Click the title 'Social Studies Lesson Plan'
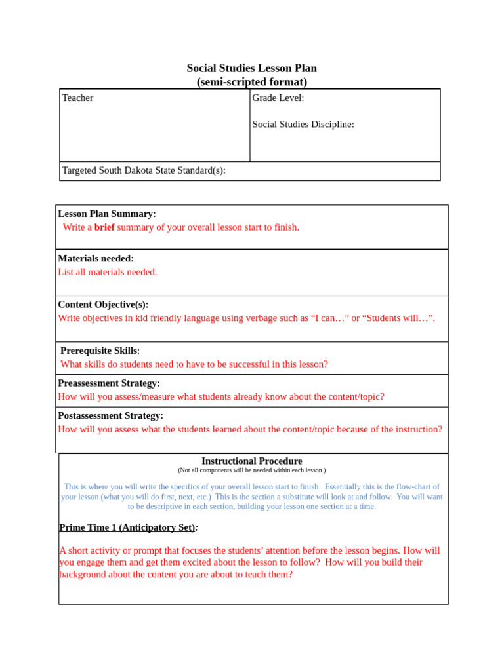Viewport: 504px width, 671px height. [251, 68]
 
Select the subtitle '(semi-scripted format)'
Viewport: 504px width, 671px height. [251, 82]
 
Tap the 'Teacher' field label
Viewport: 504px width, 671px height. [77, 98]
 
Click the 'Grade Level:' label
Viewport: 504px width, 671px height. [278, 98]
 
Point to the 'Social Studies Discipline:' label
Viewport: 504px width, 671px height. [303, 124]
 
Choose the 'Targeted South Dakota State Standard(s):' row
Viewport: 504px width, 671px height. [144, 170]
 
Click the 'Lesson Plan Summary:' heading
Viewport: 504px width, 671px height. [107, 214]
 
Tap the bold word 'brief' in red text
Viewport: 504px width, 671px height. [104, 227]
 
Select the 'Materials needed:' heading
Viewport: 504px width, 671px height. [96, 258]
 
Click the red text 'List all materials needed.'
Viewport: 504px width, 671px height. [108, 272]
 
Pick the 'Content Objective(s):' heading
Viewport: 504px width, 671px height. [103, 304]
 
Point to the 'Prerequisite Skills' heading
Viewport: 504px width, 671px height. [98, 351]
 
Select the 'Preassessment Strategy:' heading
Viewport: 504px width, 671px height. [109, 383]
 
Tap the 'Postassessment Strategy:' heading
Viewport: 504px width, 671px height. [111, 415]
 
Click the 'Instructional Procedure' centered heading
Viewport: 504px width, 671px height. [251, 461]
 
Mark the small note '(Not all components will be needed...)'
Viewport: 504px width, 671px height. [251, 470]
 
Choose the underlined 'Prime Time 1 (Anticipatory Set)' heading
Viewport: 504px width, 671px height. [127, 527]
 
